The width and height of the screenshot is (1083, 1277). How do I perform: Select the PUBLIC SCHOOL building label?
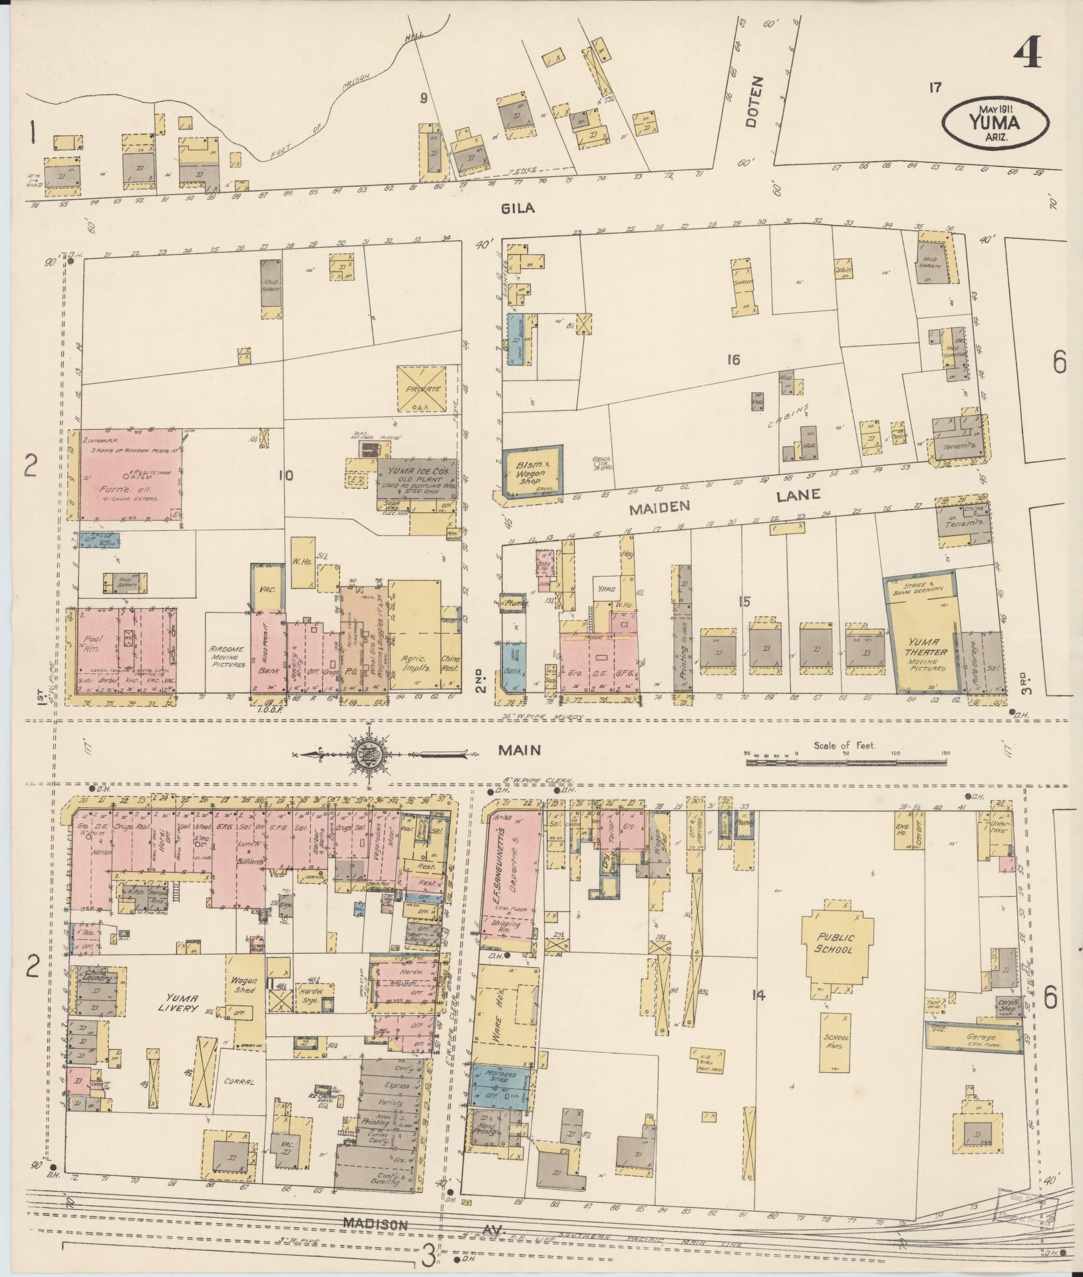tap(836, 943)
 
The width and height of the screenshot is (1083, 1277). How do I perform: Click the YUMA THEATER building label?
tap(925, 649)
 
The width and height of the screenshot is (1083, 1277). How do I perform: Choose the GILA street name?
tap(520, 209)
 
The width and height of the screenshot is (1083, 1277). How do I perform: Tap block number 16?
tap(733, 360)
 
